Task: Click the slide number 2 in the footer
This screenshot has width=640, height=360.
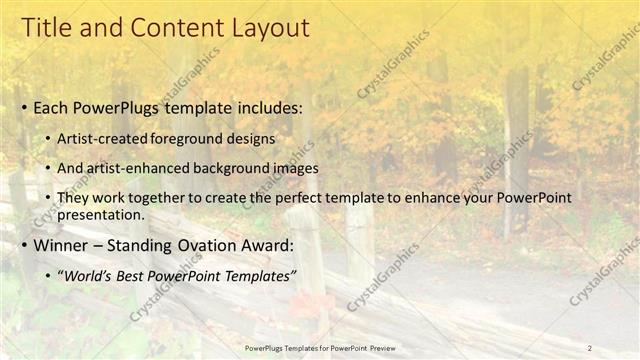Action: coord(589,347)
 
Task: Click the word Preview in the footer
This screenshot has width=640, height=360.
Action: coord(380,347)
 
